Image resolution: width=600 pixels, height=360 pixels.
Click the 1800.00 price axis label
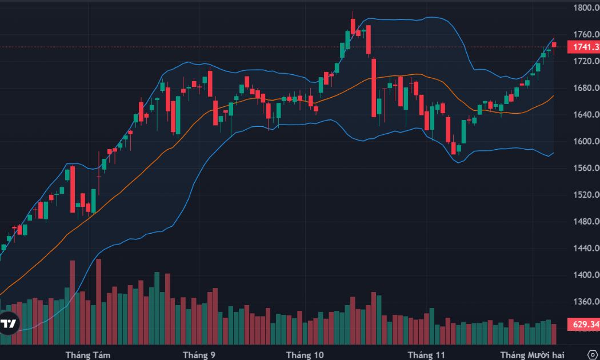[x=586, y=8]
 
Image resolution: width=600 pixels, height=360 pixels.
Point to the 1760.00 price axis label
[x=586, y=34]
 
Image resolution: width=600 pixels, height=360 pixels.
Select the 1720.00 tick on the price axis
[x=586, y=61]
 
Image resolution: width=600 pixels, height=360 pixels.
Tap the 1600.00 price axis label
[x=586, y=141]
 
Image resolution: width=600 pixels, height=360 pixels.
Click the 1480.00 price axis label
[x=586, y=222]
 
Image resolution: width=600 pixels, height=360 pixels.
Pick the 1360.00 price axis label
[x=586, y=302]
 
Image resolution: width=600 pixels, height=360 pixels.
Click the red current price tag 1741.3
[x=583, y=47]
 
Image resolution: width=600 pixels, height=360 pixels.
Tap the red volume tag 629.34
[x=583, y=325]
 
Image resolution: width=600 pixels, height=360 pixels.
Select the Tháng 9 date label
[x=199, y=355]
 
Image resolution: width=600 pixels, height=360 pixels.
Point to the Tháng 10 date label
[x=305, y=355]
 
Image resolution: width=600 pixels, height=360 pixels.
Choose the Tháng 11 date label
[x=426, y=355]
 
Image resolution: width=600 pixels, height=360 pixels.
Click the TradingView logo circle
[x=8, y=323]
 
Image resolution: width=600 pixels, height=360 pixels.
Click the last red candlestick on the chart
[x=554, y=45]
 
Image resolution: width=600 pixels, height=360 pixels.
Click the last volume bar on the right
[x=554, y=334]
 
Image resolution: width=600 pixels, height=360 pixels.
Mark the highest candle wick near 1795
[x=353, y=13]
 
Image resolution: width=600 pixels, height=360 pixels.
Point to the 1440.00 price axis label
[x=586, y=248]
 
